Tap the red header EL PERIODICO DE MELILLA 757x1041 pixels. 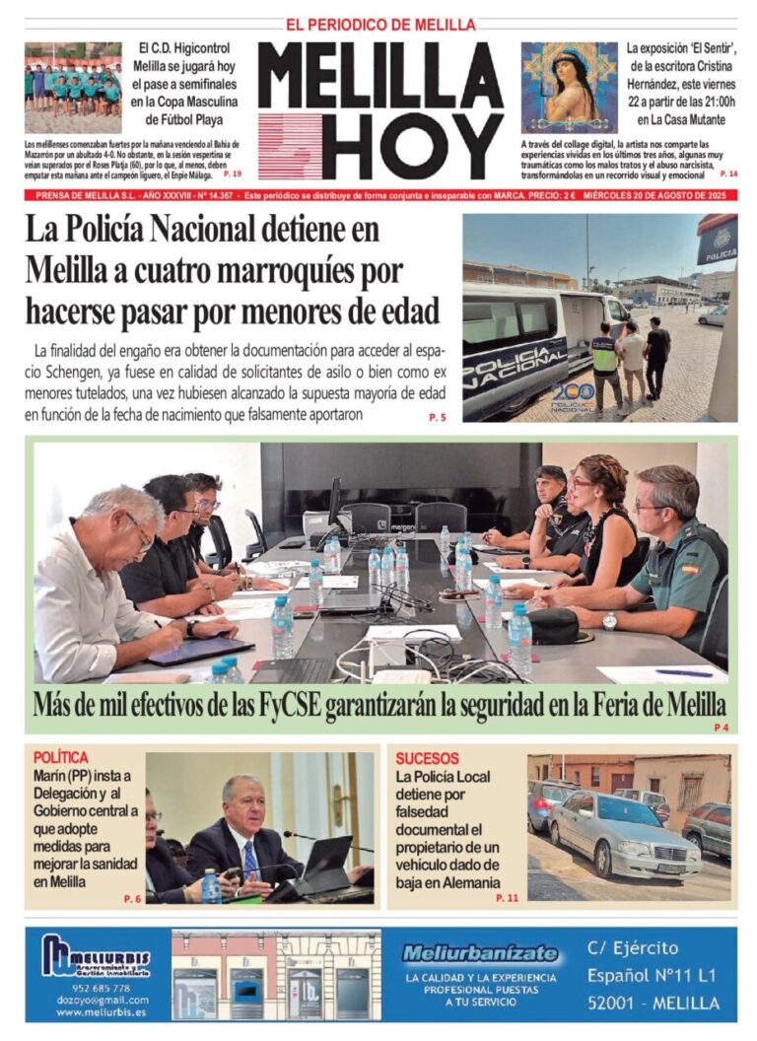click(x=380, y=25)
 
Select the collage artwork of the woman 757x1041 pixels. click(x=569, y=88)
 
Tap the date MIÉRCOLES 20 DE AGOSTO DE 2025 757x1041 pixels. click(x=659, y=195)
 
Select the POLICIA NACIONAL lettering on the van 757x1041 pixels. click(x=514, y=359)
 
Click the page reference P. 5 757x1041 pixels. click(x=437, y=418)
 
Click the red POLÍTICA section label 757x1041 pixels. click(x=60, y=757)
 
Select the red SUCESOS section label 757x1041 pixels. click(x=427, y=758)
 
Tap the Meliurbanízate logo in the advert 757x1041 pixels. click(x=480, y=954)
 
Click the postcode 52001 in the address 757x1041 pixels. click(x=619, y=1004)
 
